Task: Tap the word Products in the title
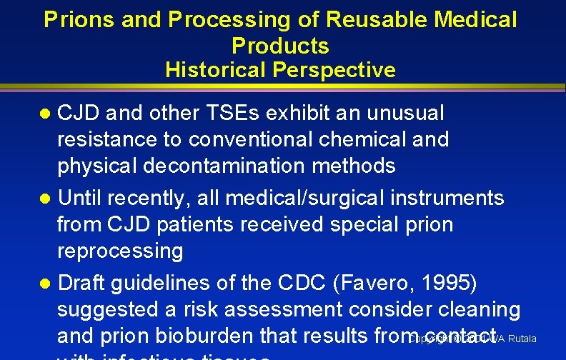(x=280, y=46)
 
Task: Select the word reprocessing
(x=120, y=251)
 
